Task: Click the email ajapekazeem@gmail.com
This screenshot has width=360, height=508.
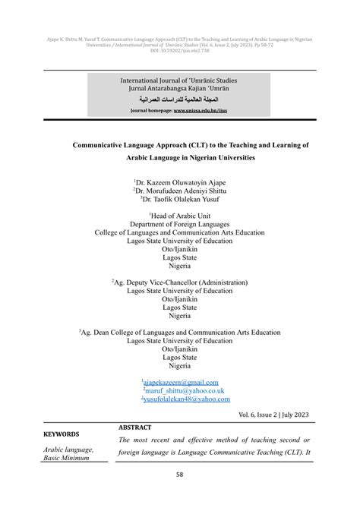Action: (x=181, y=382)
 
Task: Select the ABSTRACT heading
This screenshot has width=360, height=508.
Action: (x=136, y=427)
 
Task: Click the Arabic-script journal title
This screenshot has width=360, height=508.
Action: (x=180, y=99)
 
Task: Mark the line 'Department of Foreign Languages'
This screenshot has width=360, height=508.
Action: (x=180, y=225)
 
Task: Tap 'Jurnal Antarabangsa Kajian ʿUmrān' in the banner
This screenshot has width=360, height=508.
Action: (x=180, y=89)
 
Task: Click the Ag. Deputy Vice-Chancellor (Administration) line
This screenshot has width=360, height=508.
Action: (x=181, y=282)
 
